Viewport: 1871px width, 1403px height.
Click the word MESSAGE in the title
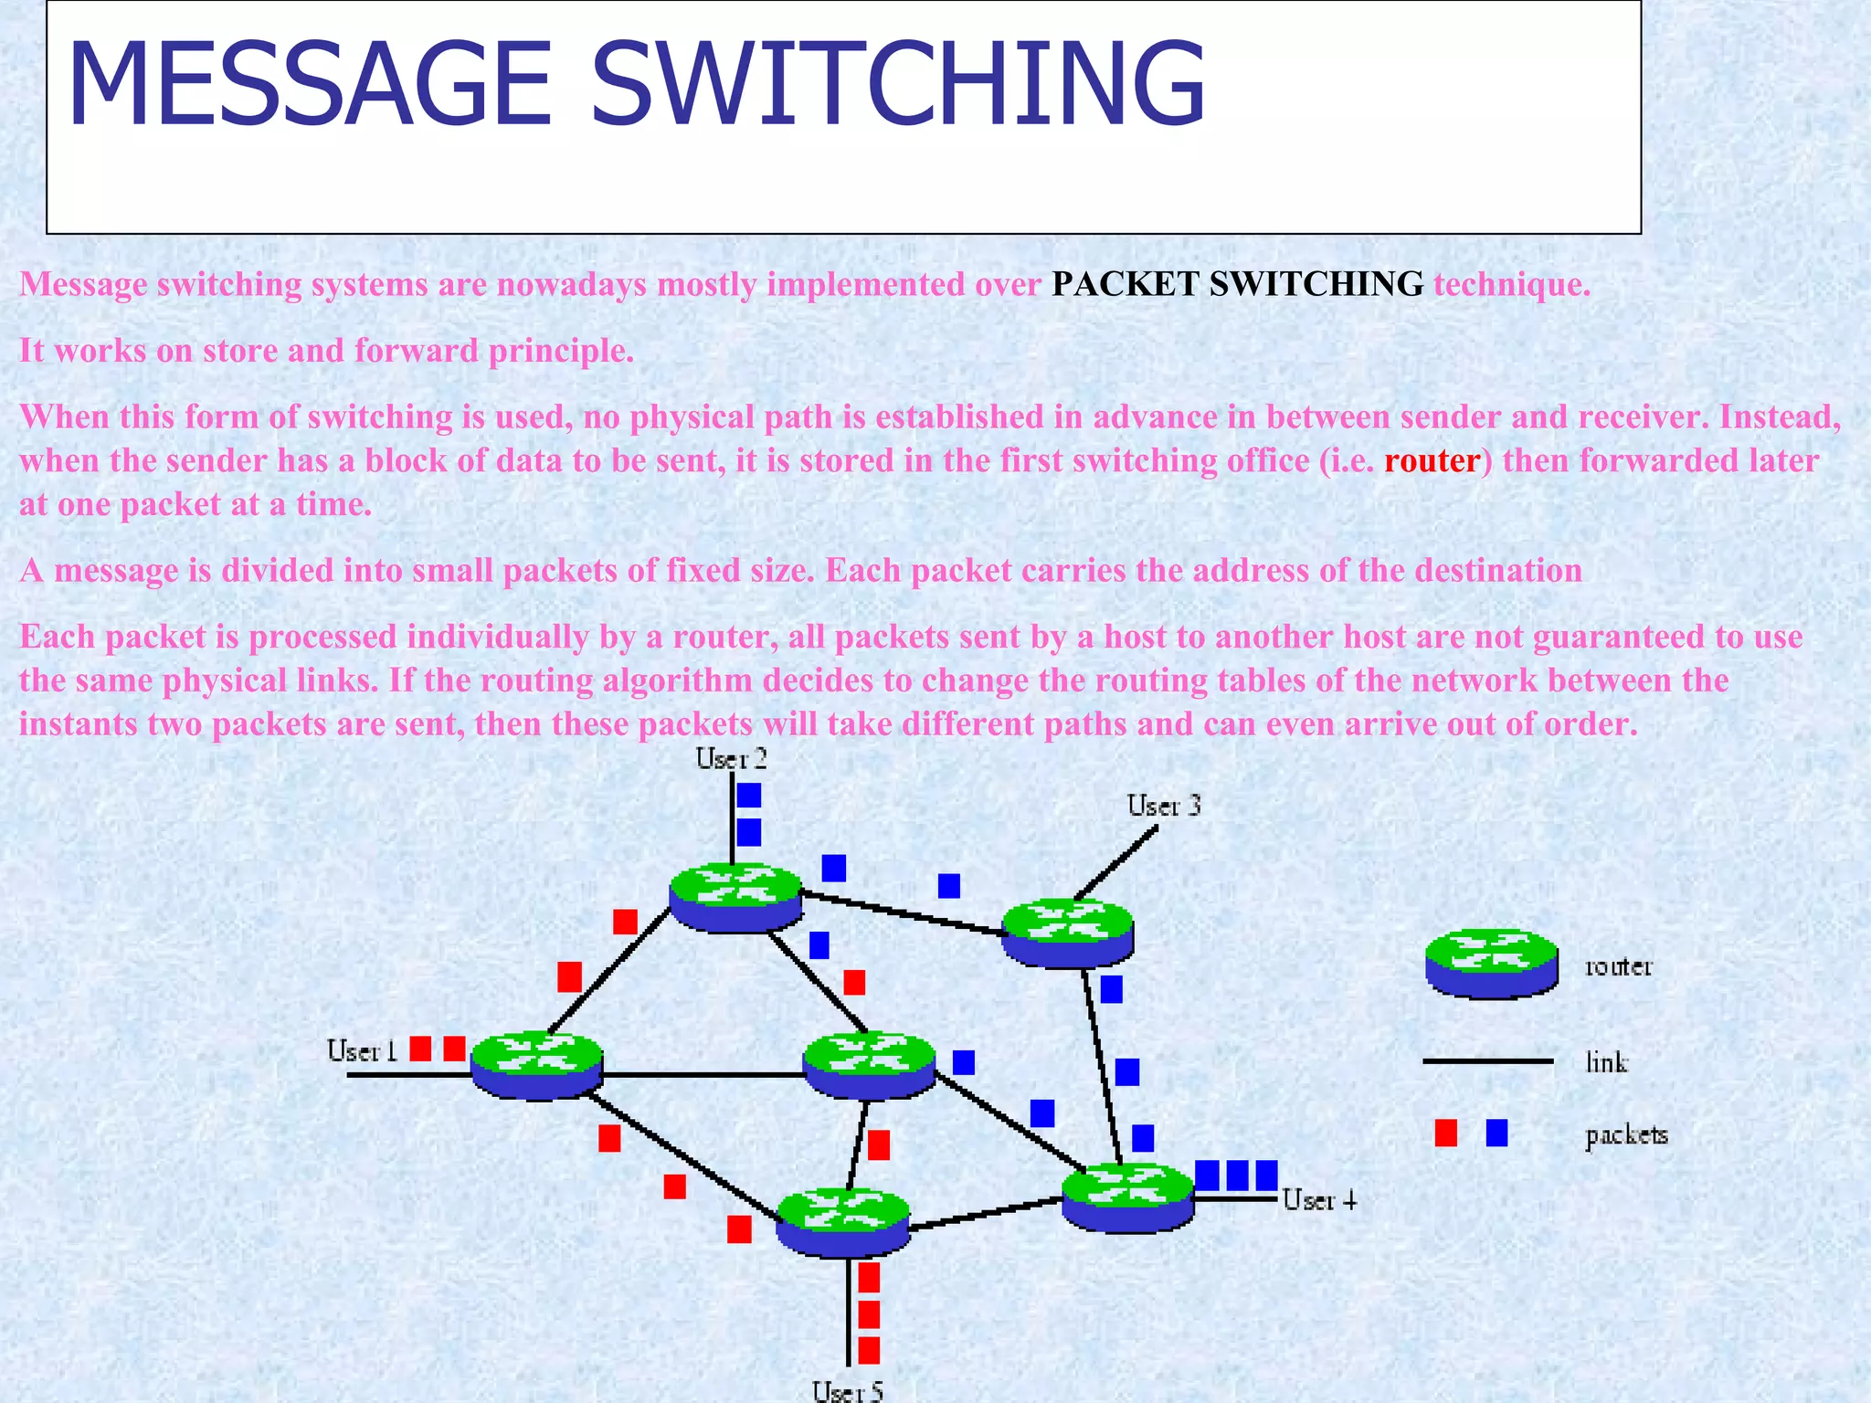(309, 84)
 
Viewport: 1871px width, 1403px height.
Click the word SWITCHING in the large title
(897, 84)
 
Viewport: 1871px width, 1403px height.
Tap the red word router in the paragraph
(1432, 460)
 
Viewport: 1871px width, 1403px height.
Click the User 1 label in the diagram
(362, 1051)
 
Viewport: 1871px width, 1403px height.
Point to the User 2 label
(731, 758)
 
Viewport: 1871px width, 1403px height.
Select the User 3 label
(1163, 806)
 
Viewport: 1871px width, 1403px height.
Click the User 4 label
(1319, 1199)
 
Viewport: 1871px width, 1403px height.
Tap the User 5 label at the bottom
(847, 1391)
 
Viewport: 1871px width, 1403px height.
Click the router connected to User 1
(537, 1065)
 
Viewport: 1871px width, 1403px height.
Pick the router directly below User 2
(735, 897)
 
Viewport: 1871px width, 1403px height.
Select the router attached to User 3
(1068, 933)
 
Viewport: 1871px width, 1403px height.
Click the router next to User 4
(1127, 1197)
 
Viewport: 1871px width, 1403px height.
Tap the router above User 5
(842, 1221)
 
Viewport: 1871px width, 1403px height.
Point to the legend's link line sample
(1487, 1061)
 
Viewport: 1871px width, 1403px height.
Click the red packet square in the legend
(1445, 1134)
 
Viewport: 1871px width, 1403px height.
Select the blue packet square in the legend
(1496, 1134)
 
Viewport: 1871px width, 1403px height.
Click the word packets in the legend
(1626, 1135)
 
